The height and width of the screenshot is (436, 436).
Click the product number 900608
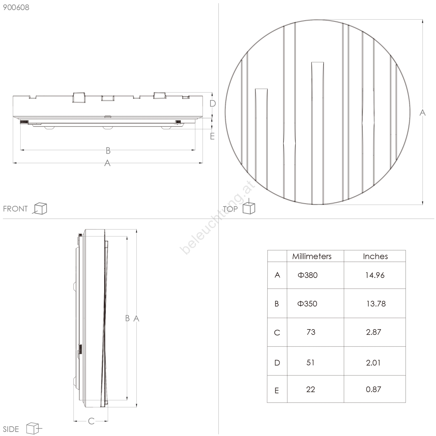click(16, 7)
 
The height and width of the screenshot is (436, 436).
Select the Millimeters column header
click(312, 256)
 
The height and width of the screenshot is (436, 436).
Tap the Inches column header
click(375, 256)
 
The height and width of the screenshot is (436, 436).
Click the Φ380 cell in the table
click(308, 275)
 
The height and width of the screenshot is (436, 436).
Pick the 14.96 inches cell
click(375, 275)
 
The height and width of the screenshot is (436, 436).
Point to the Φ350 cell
click(307, 304)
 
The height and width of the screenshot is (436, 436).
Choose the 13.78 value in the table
click(376, 304)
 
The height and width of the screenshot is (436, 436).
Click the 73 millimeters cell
click(311, 332)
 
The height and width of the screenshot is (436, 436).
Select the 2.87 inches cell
click(374, 332)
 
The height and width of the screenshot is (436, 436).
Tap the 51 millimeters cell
click(310, 362)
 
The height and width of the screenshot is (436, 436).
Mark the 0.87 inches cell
click(373, 389)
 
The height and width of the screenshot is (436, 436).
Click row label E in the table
click(276, 391)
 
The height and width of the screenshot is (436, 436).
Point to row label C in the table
click(277, 332)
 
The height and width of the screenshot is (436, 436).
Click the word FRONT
click(15, 209)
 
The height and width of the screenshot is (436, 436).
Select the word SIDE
click(11, 429)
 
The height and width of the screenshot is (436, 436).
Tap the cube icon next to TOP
click(249, 208)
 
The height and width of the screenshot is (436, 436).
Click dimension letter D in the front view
click(213, 104)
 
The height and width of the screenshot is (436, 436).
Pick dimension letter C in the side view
click(91, 421)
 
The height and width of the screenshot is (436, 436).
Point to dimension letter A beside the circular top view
click(422, 112)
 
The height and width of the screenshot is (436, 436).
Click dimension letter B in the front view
click(108, 150)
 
